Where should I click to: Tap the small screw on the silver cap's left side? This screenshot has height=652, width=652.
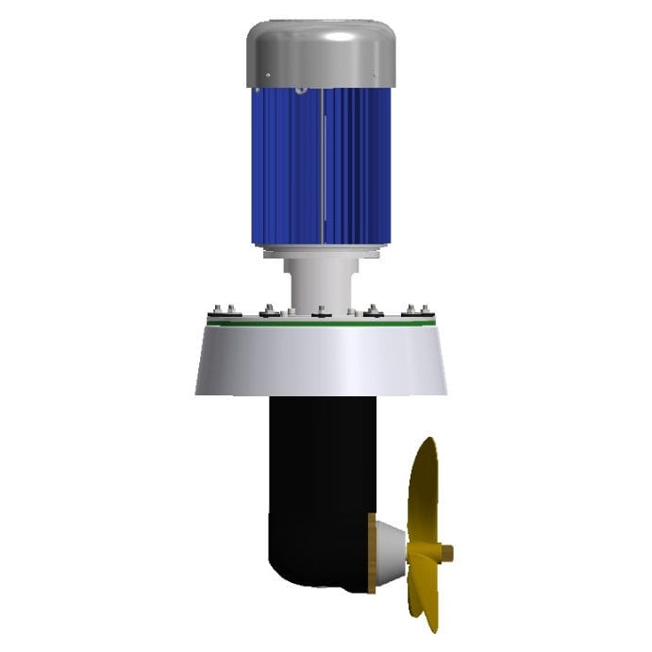(x=268, y=76)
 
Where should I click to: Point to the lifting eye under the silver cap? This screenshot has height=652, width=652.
(x=301, y=91)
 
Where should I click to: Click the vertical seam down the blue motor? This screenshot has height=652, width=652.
(x=323, y=170)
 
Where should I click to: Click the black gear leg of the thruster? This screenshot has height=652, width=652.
(x=311, y=472)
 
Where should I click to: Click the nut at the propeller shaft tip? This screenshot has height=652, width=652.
(x=448, y=553)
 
